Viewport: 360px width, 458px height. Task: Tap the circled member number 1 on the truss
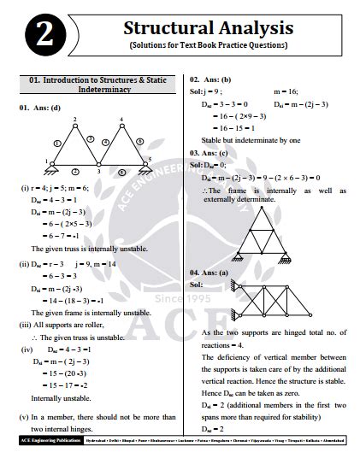(x=56, y=142)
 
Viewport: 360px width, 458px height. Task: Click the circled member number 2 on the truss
(x=75, y=169)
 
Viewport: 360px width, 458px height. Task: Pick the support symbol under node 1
(x=51, y=167)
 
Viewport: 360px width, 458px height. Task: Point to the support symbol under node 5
(x=145, y=167)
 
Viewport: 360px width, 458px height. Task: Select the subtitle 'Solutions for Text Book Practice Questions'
(x=209, y=45)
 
